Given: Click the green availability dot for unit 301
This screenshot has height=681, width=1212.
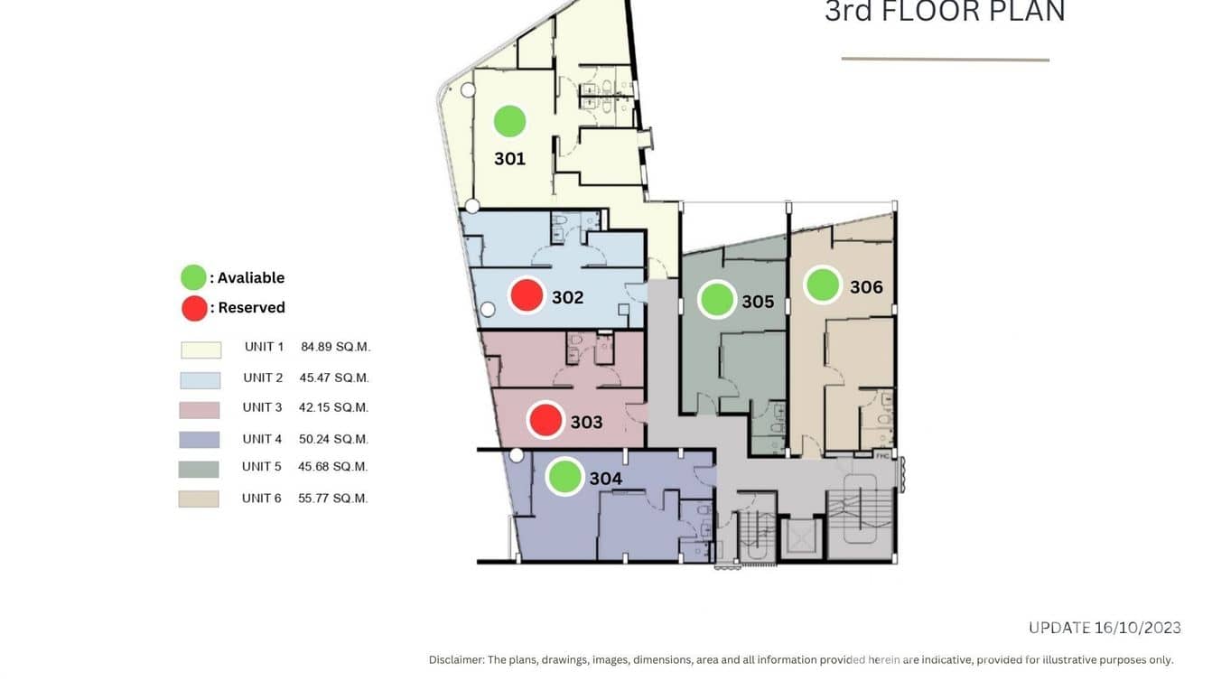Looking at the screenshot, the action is click(509, 121).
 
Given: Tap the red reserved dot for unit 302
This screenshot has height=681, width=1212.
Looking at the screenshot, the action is click(527, 295).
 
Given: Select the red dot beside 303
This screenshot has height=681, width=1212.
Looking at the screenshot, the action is click(545, 420).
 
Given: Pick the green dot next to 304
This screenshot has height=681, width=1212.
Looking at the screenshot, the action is click(564, 477).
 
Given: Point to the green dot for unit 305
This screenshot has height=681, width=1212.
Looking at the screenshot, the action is click(717, 299).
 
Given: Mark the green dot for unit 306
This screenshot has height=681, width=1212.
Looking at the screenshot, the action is click(823, 285).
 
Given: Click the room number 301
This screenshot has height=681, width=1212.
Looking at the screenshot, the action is click(509, 159).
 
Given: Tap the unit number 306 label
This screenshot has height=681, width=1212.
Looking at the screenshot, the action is click(866, 287).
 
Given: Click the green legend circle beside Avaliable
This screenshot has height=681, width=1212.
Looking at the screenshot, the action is click(193, 277).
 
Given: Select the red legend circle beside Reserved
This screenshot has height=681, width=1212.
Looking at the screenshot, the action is click(194, 308).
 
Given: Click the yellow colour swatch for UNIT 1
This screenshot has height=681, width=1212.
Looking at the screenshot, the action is click(200, 350).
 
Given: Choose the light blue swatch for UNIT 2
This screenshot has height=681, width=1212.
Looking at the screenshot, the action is click(200, 380).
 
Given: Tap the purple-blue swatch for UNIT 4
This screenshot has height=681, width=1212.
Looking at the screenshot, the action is click(199, 440).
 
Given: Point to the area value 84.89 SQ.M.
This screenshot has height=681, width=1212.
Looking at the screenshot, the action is click(335, 347).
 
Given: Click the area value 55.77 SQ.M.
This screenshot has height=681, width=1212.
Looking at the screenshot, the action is click(332, 499).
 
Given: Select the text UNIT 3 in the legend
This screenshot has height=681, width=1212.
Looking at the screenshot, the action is click(262, 407).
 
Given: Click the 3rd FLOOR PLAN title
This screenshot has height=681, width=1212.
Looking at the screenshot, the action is click(945, 12).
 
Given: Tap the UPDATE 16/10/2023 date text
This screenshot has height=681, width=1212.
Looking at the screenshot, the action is click(1105, 628).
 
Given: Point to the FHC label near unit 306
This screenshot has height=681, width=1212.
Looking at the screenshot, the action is click(882, 456).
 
